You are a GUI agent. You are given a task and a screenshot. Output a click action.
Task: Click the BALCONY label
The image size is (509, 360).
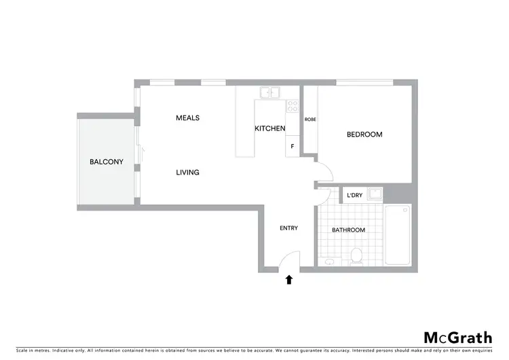point(106,162)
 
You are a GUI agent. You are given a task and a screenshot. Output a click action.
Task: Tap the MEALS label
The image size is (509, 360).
point(187,118)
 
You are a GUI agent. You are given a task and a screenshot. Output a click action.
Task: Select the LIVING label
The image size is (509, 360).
point(187,173)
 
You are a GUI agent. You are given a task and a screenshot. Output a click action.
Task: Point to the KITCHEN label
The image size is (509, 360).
point(269,128)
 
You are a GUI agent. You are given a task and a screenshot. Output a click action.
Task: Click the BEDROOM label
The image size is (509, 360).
point(364,134)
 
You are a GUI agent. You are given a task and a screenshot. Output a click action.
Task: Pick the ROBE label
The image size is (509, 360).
point(310,120)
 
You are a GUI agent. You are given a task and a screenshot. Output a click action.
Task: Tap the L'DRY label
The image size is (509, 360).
point(354,196)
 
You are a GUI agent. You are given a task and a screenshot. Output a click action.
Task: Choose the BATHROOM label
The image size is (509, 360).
point(348,230)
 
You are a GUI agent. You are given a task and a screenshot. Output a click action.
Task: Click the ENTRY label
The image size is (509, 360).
point(288,228)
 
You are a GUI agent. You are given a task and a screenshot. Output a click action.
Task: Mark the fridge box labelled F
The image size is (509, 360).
point(293,146)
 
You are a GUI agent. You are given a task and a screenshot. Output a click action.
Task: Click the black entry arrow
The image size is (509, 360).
point(289,278)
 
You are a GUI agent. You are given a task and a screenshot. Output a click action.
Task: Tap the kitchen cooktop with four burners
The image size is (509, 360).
point(293,106)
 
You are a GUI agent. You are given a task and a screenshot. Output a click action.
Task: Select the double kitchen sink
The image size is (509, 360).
point(269,93)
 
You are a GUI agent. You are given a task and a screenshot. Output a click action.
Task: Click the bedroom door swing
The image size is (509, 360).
point(322,172)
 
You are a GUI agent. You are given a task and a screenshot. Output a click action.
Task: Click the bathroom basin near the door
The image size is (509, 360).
point(328,262)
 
